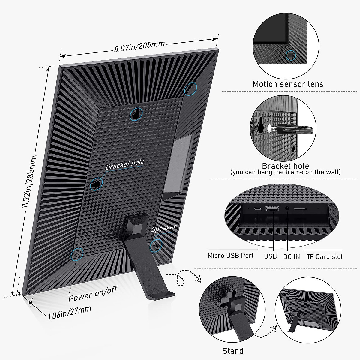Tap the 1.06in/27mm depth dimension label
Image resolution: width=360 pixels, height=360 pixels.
tap(70, 312)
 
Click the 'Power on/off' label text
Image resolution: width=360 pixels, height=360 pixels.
tap(92, 293)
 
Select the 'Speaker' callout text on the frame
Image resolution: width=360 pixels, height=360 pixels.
tap(164, 228)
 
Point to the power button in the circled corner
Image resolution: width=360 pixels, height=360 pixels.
tap(76, 254)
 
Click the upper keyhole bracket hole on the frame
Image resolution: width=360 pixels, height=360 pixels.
tap(136, 114)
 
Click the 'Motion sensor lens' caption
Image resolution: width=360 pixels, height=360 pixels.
tap(288, 84)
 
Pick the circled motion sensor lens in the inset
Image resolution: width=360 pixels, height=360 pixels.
tap(290, 55)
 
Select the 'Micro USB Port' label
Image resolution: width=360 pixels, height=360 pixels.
tap(230, 256)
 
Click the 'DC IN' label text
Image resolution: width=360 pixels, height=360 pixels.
tap(291, 256)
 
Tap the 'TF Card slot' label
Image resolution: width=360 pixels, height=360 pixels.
tap(324, 256)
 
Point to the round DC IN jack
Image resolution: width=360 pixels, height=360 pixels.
tap(287, 208)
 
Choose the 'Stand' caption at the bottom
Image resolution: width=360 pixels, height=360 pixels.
tap(233, 351)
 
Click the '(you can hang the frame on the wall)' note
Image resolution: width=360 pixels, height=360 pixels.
tap(285, 172)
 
